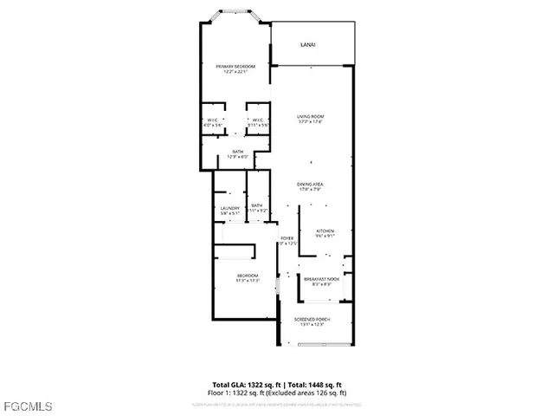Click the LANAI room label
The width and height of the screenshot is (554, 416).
point(307,43)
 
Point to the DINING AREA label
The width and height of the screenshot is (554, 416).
point(311,185)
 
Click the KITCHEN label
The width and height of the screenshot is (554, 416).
point(325,231)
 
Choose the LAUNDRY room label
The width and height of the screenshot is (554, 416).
point(229,208)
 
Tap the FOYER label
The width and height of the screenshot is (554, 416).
point(287,237)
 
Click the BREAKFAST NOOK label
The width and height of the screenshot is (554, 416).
point(321,279)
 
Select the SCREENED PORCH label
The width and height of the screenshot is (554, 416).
point(312,320)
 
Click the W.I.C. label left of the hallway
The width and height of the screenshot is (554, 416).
point(213,120)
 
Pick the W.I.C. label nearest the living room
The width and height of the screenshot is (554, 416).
point(257,120)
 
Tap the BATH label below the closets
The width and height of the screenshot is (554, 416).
point(237,153)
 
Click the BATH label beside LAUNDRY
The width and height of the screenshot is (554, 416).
point(256,205)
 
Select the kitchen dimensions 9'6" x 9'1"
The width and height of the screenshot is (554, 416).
point(325,236)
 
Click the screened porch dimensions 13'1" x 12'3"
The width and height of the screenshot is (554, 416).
point(312,325)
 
